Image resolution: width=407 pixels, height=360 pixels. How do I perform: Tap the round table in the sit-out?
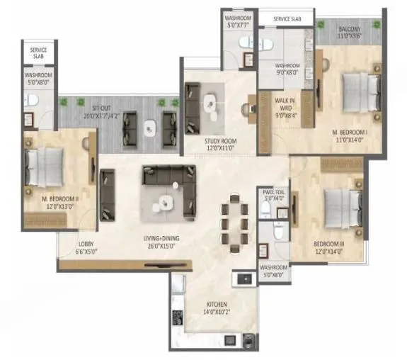149,128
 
